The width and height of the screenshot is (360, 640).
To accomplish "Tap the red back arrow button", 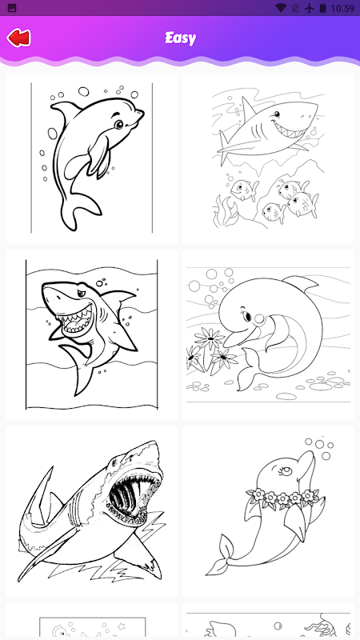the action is click(18, 38).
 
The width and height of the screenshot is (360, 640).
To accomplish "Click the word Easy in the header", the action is click(181, 38).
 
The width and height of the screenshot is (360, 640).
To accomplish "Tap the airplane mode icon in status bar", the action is click(310, 8).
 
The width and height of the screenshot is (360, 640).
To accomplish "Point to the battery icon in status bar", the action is click(323, 8).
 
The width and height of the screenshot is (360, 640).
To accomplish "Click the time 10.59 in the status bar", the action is click(342, 8).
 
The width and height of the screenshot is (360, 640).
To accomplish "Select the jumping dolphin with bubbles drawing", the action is click(91, 158).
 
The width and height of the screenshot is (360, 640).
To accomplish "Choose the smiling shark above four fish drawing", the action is click(268, 158).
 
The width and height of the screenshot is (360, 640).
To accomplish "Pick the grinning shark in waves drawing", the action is click(91, 334).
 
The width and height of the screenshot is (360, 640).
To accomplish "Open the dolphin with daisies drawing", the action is click(268, 334).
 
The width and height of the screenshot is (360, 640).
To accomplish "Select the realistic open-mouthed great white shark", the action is click(91, 511).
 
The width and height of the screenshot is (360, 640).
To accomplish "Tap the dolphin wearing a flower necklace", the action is click(268, 511).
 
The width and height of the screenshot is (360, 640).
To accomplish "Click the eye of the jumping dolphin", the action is click(118, 124).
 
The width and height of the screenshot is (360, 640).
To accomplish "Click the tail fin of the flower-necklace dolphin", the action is click(222, 555).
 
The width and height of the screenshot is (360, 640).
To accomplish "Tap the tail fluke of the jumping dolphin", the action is click(79, 209).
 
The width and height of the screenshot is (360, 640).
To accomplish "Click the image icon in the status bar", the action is click(12, 8).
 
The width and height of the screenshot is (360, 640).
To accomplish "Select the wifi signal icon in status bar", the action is click(281, 8).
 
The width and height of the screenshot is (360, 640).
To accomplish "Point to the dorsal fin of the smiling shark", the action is click(248, 107).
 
